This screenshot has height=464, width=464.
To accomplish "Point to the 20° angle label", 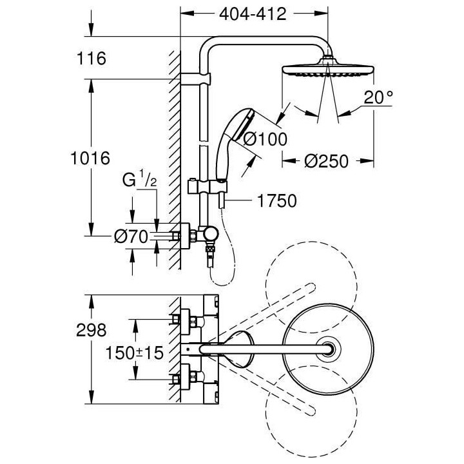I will point(378,97).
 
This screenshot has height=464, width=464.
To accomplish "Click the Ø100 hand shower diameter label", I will point(266,139).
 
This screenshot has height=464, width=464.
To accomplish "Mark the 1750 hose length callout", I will point(276,201).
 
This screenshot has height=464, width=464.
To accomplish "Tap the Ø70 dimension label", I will point(131,237).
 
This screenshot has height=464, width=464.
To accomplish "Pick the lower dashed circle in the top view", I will point(311,412).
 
